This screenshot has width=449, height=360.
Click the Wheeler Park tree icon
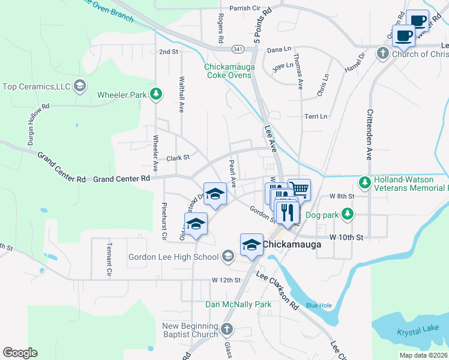click(156, 94)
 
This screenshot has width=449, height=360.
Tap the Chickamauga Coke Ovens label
click(230, 71)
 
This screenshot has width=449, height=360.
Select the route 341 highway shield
click(239, 49)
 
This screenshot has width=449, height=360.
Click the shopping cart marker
click(299, 190)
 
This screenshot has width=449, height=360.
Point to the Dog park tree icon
click(347, 214)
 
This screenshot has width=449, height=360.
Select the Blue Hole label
click(318, 305)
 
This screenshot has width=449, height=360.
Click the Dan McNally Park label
click(238, 305)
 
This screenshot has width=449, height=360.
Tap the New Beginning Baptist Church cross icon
click(226, 329)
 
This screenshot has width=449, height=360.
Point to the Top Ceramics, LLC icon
click(79, 86)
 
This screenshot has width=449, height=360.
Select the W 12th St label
click(226, 280)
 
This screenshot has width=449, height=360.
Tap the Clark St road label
click(178, 158)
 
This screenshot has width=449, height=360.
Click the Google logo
click(20, 353)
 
